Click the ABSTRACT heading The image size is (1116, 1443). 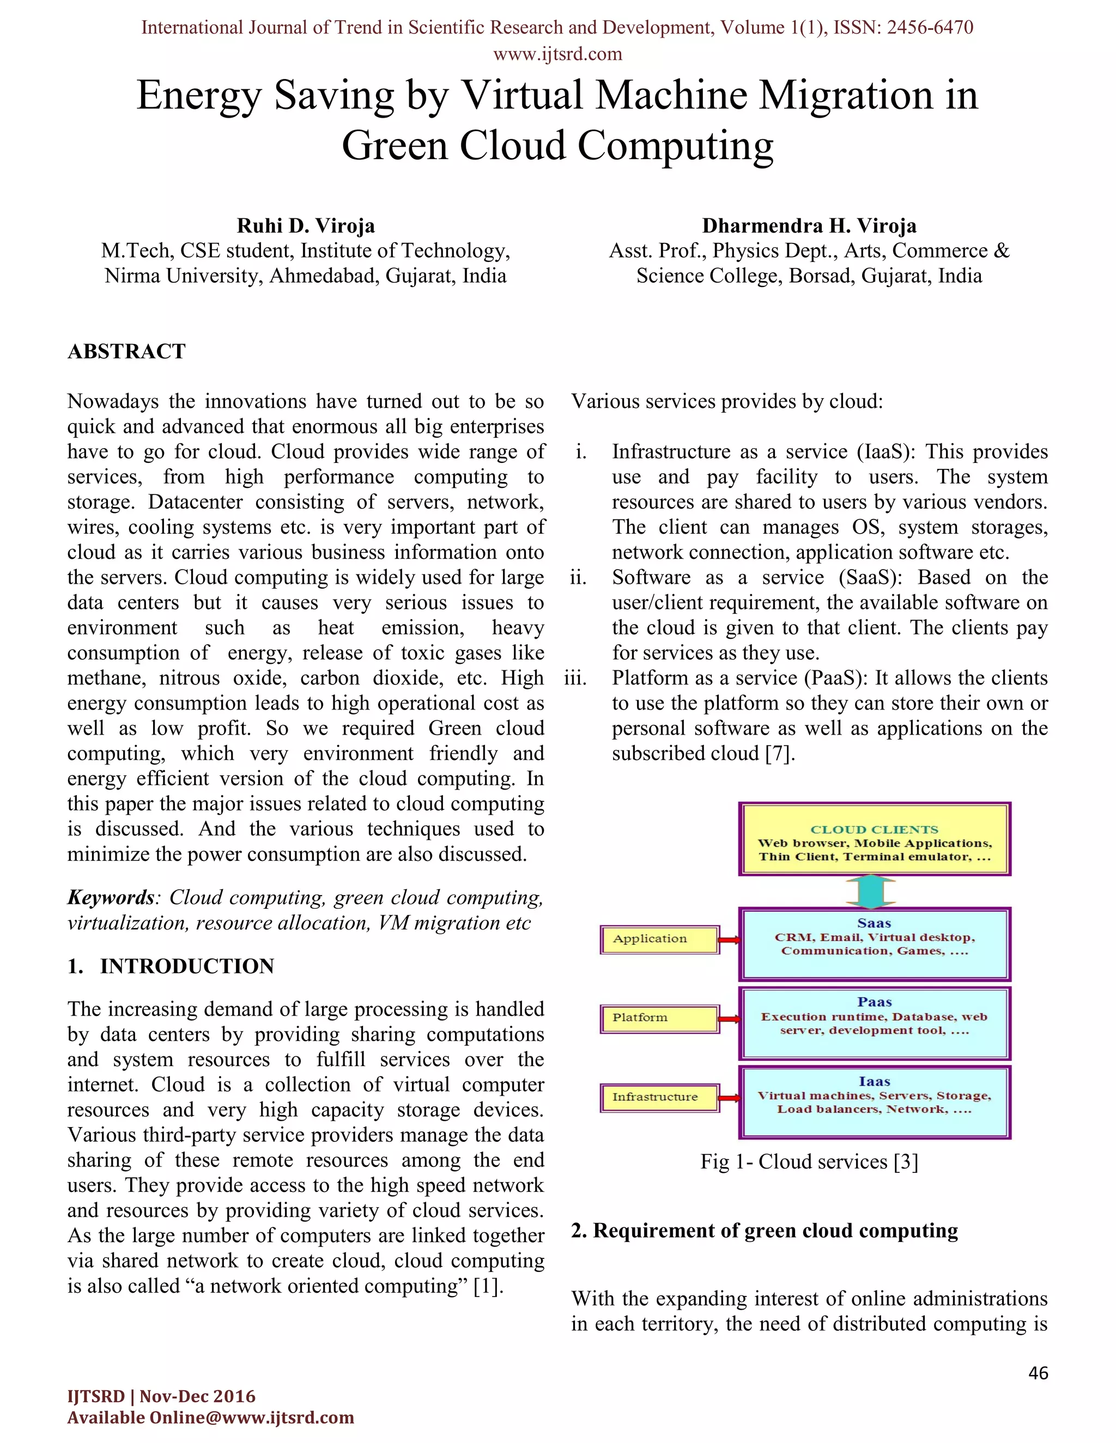(x=126, y=352)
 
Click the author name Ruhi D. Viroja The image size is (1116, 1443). (x=306, y=226)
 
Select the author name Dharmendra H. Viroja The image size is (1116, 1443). (x=809, y=226)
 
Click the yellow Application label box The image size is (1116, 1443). (x=659, y=939)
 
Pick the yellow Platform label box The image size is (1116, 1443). (x=659, y=1018)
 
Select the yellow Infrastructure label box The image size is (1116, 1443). (x=659, y=1097)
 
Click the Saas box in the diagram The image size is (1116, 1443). (x=874, y=944)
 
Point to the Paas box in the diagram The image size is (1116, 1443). (x=874, y=1023)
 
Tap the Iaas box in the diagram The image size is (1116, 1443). (x=874, y=1102)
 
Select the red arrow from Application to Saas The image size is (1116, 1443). (x=729, y=939)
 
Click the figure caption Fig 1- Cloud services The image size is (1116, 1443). (x=809, y=1161)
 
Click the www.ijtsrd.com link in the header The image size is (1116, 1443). (x=557, y=54)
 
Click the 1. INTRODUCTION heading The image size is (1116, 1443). (x=171, y=966)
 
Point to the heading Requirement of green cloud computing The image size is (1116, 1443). (x=765, y=1231)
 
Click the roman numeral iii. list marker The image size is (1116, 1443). (x=575, y=678)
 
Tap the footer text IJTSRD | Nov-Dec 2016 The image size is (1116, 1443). (x=161, y=1396)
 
